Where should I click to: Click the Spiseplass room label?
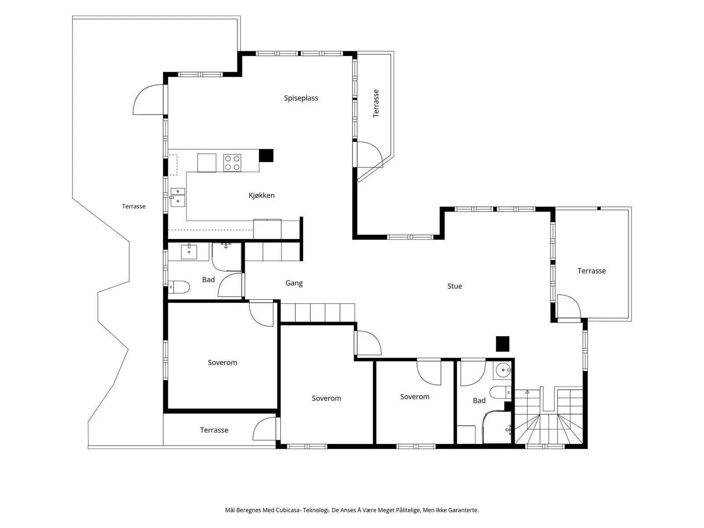(301, 98)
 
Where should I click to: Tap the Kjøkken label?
(261, 195)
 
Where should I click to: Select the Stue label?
(455, 286)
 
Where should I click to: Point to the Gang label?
(294, 283)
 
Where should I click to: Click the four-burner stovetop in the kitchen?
(232, 163)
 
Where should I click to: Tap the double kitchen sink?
(177, 197)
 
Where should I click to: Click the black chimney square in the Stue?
(502, 344)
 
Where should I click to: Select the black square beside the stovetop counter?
(266, 155)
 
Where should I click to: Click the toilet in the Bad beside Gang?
(179, 287)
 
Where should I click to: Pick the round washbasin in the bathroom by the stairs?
(503, 370)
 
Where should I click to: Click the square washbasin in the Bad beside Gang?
(189, 252)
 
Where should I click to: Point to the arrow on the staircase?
(527, 392)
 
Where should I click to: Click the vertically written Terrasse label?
(376, 103)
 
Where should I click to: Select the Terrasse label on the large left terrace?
(133, 206)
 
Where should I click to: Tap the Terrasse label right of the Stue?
(591, 271)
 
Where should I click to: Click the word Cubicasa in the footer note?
(289, 510)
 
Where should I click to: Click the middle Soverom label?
(326, 398)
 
